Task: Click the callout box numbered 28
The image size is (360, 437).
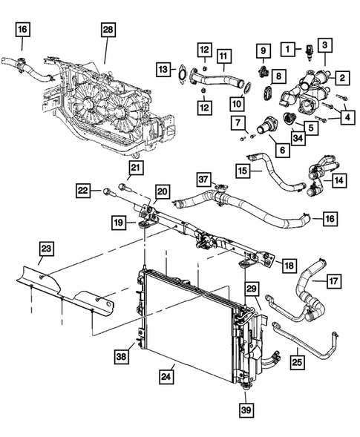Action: (x=108, y=30)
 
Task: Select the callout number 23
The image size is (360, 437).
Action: (x=46, y=249)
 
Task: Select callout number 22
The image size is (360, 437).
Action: (x=85, y=191)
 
